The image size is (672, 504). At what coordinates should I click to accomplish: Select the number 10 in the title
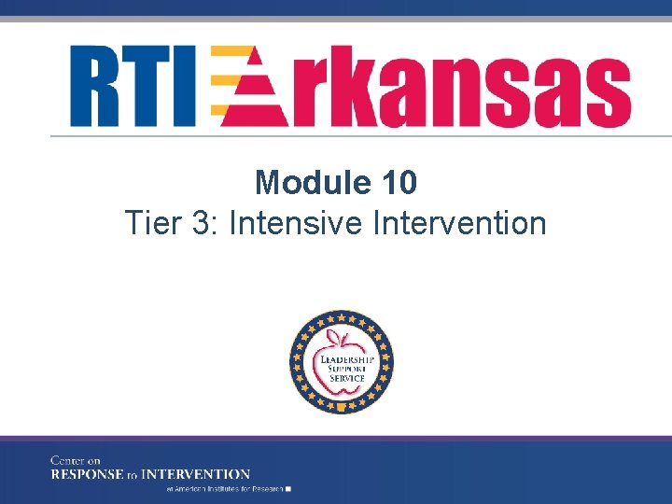[399, 182]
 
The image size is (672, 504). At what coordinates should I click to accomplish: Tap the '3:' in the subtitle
[207, 224]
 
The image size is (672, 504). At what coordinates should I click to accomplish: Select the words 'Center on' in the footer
[76, 460]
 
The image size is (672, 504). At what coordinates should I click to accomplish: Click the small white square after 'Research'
[289, 488]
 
